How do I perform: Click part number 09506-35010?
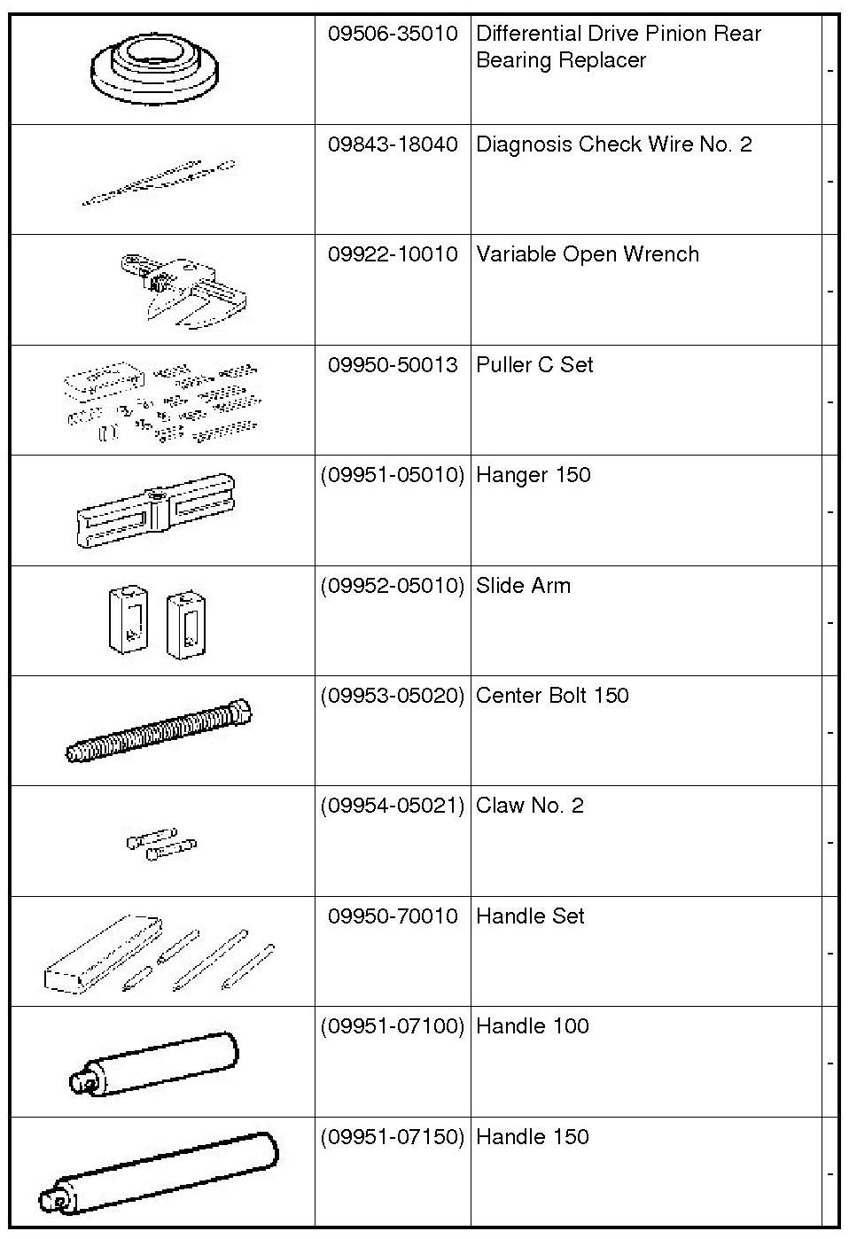393,34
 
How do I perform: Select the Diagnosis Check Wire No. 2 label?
613,144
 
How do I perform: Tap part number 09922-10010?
393,254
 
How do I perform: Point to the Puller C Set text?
534,365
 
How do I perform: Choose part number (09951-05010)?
393,475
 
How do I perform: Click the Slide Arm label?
523,586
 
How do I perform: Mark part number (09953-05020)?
393,696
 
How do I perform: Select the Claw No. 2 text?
529,806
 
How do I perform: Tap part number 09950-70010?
393,916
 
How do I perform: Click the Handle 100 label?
532,1026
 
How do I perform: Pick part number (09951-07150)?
393,1137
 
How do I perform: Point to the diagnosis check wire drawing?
160,182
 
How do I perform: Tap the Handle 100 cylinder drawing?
155,1064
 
